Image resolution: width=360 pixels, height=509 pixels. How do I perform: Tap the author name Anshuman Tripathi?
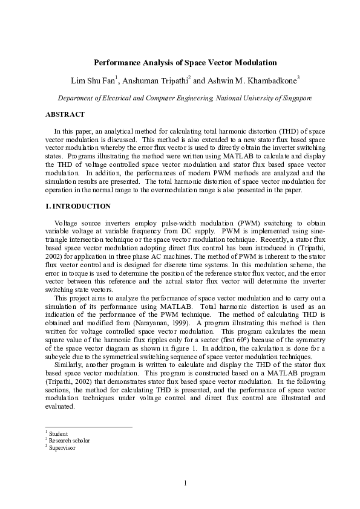[x=154, y=80]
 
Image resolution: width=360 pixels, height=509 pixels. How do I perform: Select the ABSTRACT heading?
[x=65, y=114]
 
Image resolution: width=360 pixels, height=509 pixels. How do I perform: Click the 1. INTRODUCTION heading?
[x=78, y=206]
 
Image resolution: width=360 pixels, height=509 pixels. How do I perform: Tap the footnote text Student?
[x=59, y=434]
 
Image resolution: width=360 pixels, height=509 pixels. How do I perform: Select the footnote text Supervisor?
[x=62, y=448]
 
